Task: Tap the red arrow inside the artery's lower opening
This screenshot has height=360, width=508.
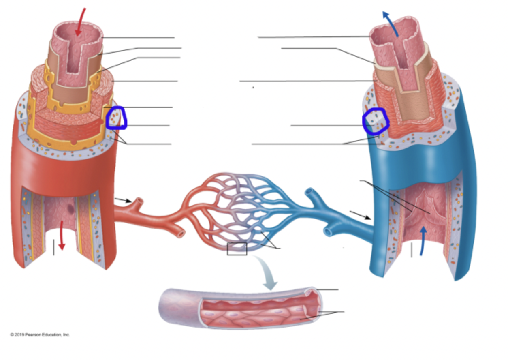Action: (x=62, y=236)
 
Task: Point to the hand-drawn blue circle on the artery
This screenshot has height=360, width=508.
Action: (x=117, y=118)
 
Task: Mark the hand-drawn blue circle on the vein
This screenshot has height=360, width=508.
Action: (x=376, y=120)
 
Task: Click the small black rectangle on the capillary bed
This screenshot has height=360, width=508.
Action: (x=237, y=249)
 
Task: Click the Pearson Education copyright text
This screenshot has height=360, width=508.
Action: (x=40, y=334)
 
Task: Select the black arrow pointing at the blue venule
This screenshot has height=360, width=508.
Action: (x=361, y=215)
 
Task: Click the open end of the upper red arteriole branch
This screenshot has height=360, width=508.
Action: (x=140, y=201)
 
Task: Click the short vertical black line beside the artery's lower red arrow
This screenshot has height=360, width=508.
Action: (x=53, y=247)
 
